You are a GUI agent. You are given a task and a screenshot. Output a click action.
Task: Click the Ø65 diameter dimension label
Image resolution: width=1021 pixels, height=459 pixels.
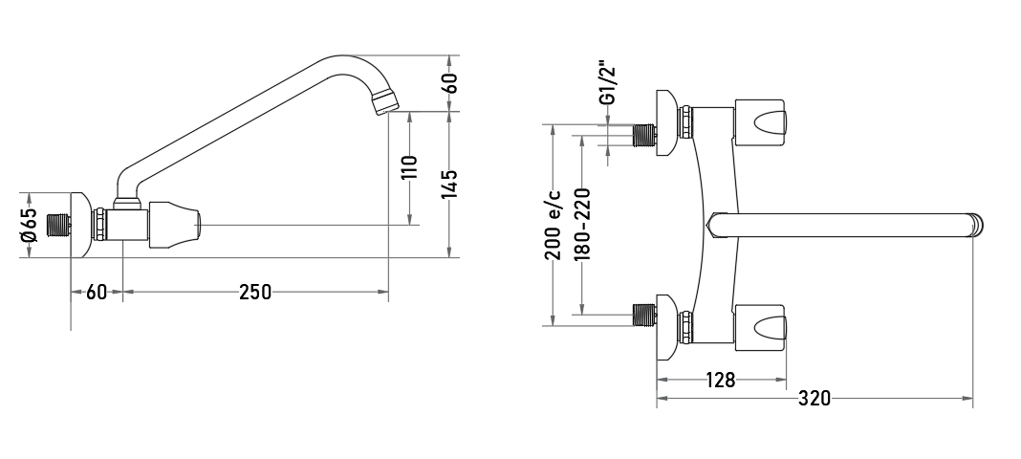[30, 226]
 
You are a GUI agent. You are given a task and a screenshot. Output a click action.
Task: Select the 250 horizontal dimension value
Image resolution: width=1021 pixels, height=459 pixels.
[254, 293]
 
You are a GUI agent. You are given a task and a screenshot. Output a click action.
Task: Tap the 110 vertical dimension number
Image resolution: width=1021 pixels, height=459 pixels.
[409, 167]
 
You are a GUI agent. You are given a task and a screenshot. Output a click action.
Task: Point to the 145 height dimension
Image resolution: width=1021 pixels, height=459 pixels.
[450, 185]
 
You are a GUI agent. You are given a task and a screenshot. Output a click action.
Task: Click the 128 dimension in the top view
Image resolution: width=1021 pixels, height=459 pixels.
[720, 380]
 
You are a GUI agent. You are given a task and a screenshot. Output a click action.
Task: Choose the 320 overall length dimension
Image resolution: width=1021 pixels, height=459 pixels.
[815, 398]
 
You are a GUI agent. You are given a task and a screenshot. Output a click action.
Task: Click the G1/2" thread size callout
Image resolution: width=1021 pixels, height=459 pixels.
[608, 83]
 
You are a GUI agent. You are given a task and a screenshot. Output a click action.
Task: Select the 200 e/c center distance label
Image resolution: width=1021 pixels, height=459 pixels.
[553, 225]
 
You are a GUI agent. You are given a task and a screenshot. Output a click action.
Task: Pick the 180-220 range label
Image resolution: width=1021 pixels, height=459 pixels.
[582, 225]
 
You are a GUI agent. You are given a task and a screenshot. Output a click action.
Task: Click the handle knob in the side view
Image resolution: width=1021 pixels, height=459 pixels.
[175, 226]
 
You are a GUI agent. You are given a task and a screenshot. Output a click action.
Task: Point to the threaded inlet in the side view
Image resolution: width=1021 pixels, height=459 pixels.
[60, 226]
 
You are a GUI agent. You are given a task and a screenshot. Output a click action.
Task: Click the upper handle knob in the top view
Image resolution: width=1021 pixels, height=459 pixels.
[761, 121]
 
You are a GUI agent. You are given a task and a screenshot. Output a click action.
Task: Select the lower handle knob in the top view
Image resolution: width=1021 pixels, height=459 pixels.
[761, 325]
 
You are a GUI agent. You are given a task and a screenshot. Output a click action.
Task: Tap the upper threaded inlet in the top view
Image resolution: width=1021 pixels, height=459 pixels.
[644, 136]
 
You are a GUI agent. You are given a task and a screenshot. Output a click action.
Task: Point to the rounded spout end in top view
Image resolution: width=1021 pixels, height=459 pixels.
[975, 225]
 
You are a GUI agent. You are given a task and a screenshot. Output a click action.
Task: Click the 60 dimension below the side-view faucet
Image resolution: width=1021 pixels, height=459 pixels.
[97, 293]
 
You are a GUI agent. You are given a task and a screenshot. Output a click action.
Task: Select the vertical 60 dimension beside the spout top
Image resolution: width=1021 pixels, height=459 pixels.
[450, 83]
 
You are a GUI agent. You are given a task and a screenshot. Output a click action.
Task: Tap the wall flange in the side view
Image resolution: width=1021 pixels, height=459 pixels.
[80, 226]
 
